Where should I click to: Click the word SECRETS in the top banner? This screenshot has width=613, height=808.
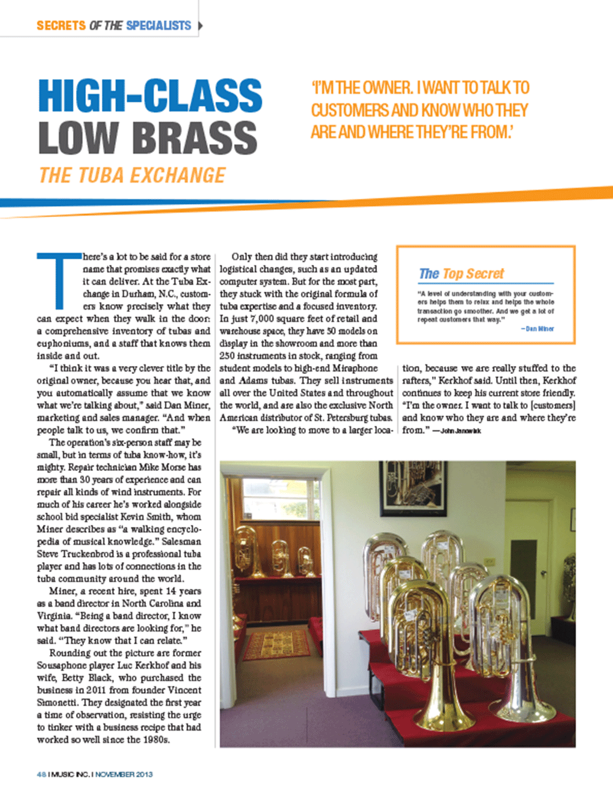61,26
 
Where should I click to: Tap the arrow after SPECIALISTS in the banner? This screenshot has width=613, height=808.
200,26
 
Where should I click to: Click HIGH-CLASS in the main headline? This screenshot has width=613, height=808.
150,96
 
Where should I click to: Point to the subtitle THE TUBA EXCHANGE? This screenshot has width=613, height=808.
132,176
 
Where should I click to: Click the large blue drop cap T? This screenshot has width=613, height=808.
59,280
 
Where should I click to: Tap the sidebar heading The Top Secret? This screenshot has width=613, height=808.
461,273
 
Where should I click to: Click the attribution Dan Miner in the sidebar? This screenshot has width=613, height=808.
539,329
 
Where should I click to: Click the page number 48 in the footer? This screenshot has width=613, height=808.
41,774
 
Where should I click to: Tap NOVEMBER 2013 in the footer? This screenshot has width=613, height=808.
124,774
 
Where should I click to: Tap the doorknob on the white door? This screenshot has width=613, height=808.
543,573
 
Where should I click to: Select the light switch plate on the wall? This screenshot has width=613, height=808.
490,561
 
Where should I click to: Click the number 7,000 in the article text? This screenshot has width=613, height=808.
262,319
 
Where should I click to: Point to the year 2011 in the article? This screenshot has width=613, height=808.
96,690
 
